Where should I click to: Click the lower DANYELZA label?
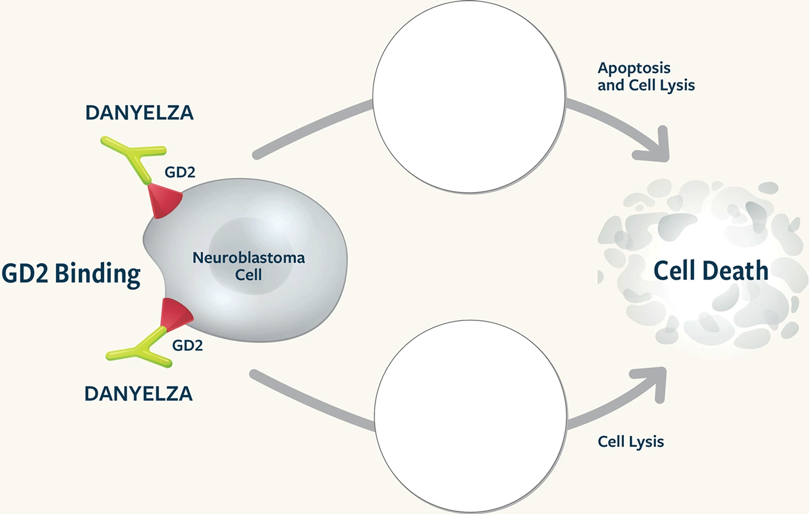(x=138, y=393)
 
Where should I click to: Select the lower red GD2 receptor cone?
(x=175, y=315)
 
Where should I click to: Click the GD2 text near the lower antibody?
(x=187, y=345)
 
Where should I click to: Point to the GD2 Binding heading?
(x=71, y=274)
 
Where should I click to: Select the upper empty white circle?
(x=469, y=97)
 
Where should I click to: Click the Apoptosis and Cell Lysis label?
(x=646, y=77)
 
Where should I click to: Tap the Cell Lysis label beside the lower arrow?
(x=630, y=442)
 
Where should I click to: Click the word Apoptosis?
(x=634, y=68)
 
